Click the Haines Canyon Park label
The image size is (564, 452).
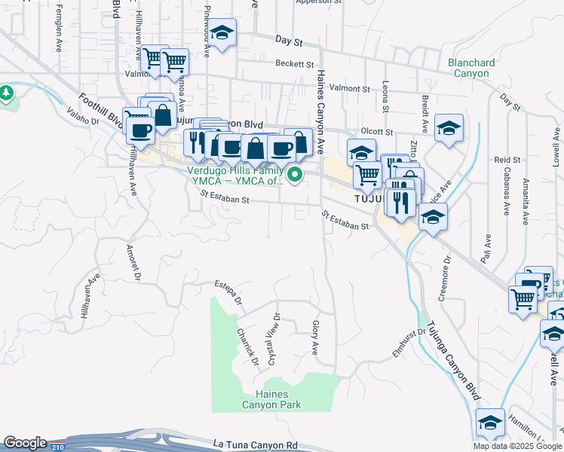[x=271, y=399]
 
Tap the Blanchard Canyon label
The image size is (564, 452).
[x=471, y=69]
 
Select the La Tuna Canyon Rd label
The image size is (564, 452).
[x=256, y=445]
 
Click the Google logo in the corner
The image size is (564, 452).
[x=25, y=443]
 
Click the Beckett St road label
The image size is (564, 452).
[x=294, y=64]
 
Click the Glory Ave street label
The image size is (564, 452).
[x=315, y=338]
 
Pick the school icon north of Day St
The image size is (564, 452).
[x=222, y=32]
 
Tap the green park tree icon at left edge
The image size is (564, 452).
[x=7, y=93]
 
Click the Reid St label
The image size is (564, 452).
[x=507, y=160]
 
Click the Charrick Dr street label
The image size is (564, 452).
[x=247, y=347]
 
